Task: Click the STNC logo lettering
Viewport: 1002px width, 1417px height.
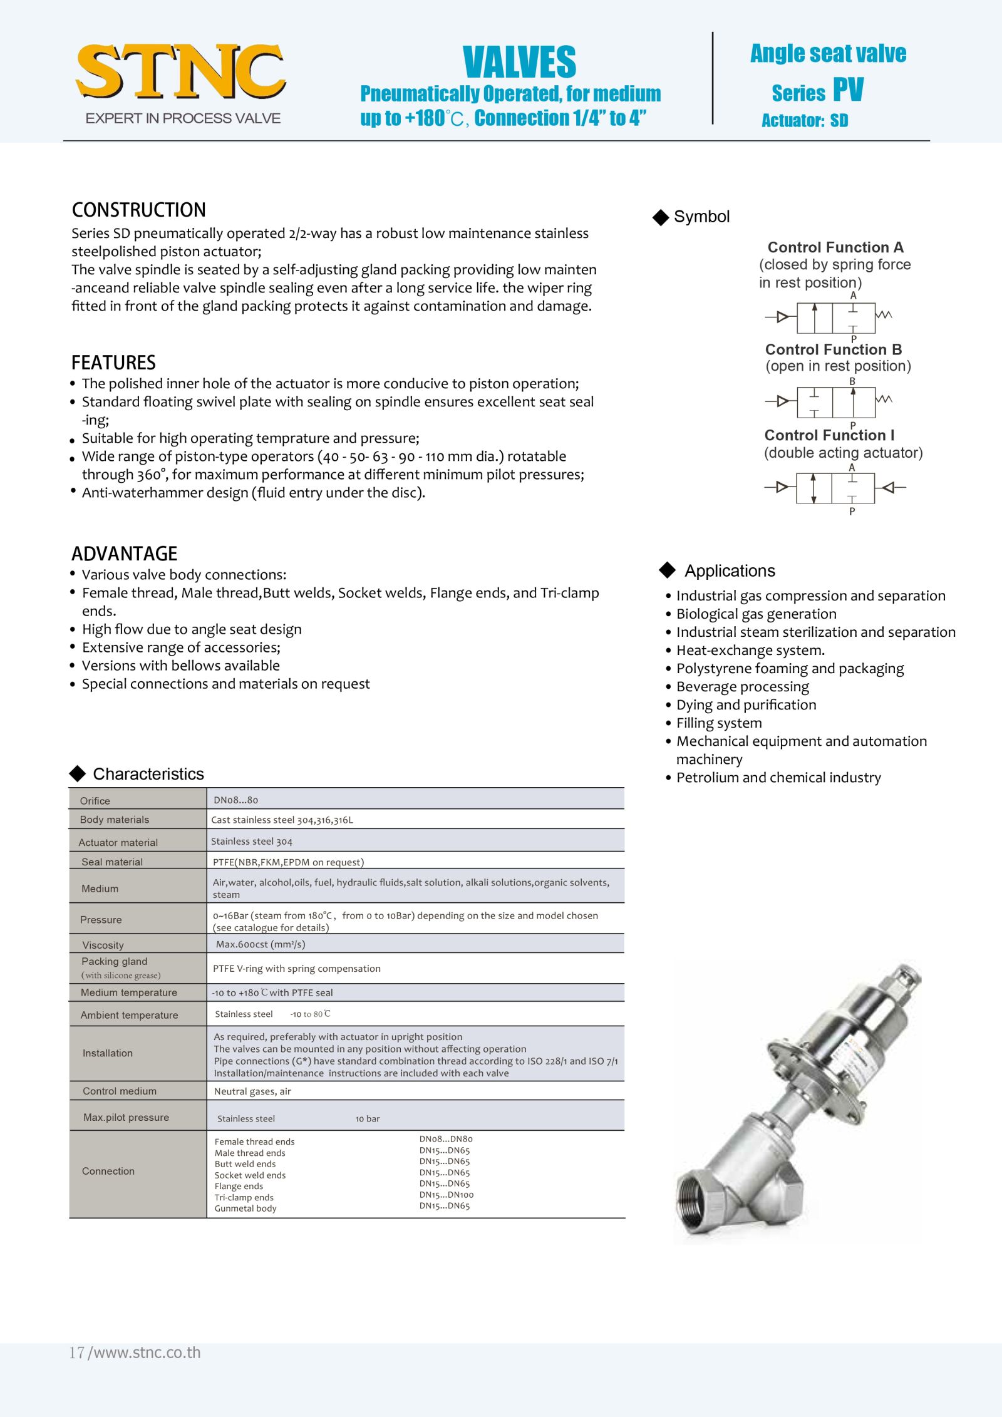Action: pyautogui.click(x=180, y=71)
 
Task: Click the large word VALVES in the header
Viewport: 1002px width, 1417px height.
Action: pyautogui.click(x=519, y=62)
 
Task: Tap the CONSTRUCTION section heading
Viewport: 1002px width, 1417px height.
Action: pyautogui.click(x=138, y=210)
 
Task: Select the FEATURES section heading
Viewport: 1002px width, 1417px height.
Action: pyautogui.click(x=113, y=363)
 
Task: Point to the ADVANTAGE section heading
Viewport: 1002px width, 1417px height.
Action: pyautogui.click(x=124, y=554)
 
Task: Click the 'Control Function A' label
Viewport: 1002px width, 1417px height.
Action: pyautogui.click(x=835, y=247)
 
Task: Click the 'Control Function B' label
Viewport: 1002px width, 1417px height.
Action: pyautogui.click(x=833, y=349)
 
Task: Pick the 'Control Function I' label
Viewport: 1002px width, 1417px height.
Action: pyautogui.click(x=829, y=435)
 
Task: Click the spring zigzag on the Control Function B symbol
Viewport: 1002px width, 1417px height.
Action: pyautogui.click(x=884, y=399)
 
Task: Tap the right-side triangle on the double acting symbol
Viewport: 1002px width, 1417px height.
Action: pyautogui.click(x=888, y=487)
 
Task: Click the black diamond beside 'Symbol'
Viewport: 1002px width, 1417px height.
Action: pyautogui.click(x=661, y=217)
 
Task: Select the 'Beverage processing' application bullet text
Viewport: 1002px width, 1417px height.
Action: pyautogui.click(x=742, y=687)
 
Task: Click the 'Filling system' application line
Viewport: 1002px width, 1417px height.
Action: pyautogui.click(x=719, y=723)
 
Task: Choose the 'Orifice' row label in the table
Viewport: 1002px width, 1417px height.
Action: pyautogui.click(x=95, y=801)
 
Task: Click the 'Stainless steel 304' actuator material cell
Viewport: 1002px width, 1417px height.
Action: pyautogui.click(x=252, y=842)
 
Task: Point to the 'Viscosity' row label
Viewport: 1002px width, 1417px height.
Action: pyautogui.click(x=103, y=945)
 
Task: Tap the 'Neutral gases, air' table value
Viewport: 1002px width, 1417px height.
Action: pyautogui.click(x=252, y=1091)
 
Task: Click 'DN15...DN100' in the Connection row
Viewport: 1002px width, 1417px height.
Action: pyautogui.click(x=446, y=1195)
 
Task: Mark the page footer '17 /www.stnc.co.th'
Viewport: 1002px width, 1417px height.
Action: pyautogui.click(x=135, y=1353)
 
